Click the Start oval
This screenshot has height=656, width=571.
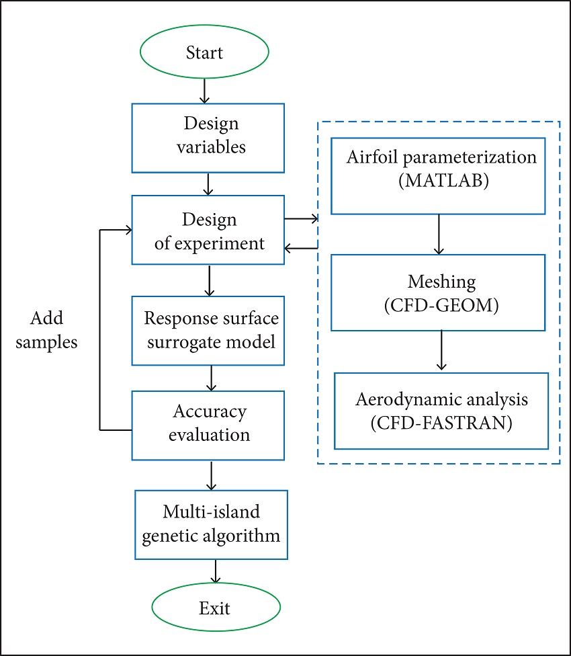205,52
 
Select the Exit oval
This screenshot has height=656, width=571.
214,608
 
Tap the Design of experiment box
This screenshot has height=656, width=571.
208,232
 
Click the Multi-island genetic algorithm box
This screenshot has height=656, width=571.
211,524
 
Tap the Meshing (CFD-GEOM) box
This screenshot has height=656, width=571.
438,292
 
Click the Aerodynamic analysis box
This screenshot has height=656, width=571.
441,410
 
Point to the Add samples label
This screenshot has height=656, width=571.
46,329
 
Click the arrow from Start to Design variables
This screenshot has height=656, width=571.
204,90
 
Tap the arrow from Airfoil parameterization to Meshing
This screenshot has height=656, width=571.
439,234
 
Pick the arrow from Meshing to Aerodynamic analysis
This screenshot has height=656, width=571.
441,350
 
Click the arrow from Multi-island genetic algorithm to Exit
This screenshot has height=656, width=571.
215,571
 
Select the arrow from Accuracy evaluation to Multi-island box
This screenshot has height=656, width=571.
211,475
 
